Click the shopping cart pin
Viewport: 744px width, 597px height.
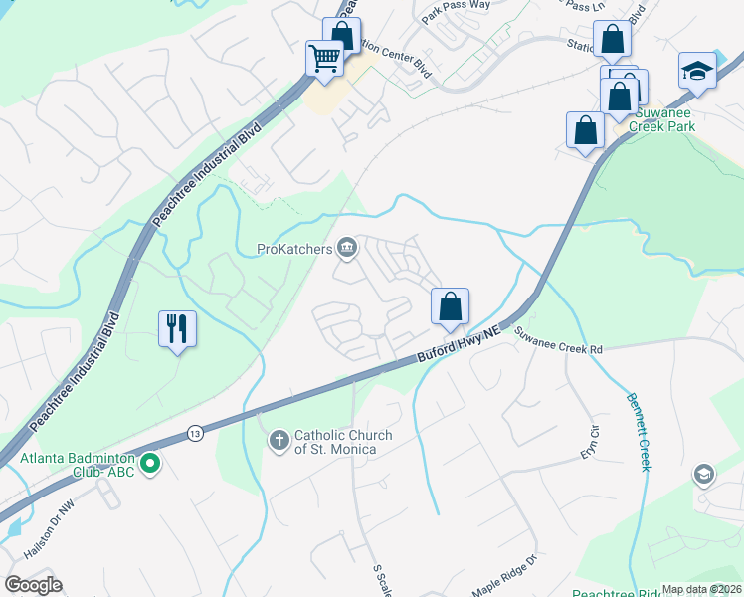coord(325,60)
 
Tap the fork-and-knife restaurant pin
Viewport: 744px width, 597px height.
coord(178,328)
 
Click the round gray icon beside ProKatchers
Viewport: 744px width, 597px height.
coord(347,248)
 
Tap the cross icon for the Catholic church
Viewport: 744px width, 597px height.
coord(279,439)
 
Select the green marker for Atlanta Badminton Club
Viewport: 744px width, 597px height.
coord(150,462)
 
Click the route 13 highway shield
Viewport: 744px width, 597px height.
coord(195,434)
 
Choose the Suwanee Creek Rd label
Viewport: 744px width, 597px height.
coord(558,349)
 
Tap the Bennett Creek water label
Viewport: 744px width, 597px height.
coord(638,432)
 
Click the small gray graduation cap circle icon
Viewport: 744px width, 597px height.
coord(704,474)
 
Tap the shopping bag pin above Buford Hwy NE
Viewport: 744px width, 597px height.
coord(450,306)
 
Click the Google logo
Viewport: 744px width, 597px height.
coord(33,585)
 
